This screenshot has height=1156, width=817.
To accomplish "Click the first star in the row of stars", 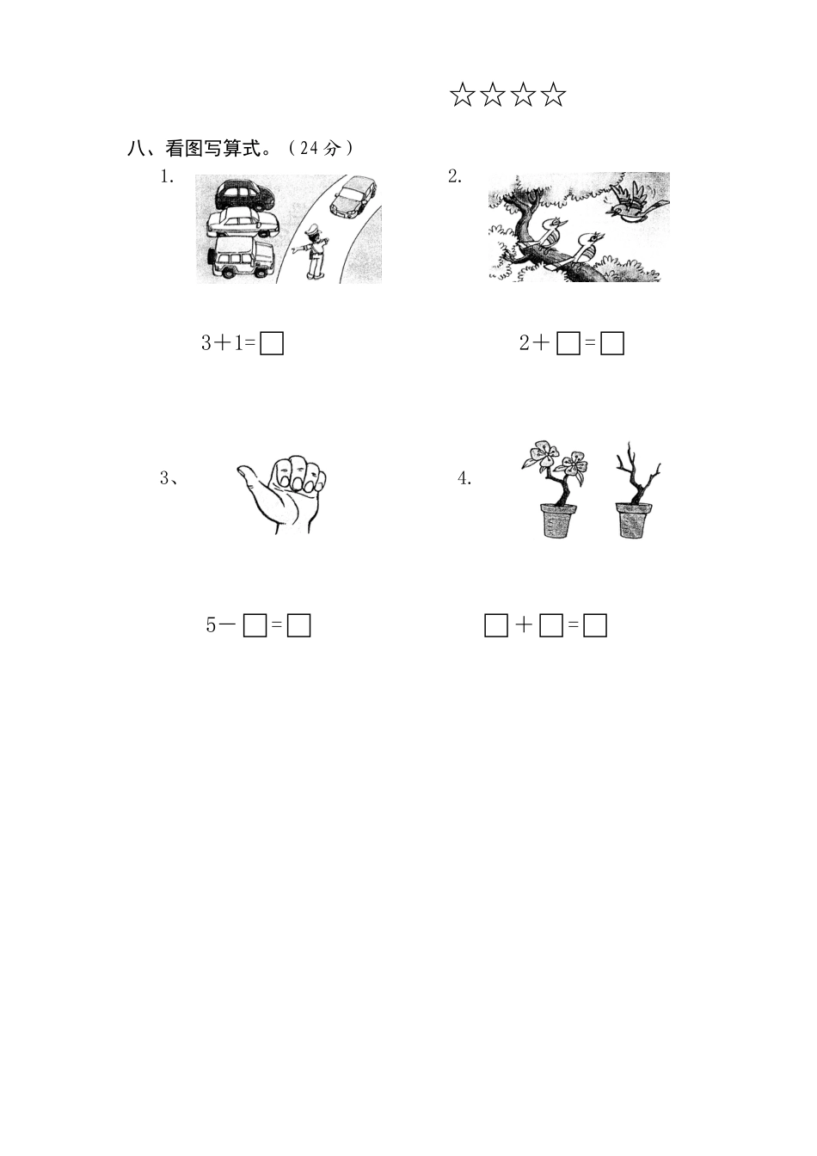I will tap(462, 95).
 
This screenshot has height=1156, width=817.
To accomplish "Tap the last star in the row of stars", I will tap(554, 95).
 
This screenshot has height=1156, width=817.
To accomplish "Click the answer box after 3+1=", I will tap(272, 344).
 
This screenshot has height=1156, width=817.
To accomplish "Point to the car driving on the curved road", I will tap(353, 197).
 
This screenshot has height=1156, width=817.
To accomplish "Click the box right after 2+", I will tap(568, 344).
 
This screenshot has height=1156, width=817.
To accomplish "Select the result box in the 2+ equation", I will tap(612, 344).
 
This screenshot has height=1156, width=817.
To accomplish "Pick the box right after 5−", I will tap(255, 626).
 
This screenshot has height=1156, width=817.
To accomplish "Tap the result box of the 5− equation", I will tap(298, 626).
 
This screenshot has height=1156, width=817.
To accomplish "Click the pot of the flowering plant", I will tap(559, 520).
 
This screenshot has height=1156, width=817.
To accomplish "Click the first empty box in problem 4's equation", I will tap(496, 626).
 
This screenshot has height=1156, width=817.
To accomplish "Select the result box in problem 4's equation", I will tap(595, 626).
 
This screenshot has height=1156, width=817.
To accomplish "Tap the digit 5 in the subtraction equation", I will tap(211, 626).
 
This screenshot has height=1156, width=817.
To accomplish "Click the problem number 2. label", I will tap(454, 176).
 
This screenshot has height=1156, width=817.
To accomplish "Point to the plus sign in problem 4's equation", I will tap(524, 626).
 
